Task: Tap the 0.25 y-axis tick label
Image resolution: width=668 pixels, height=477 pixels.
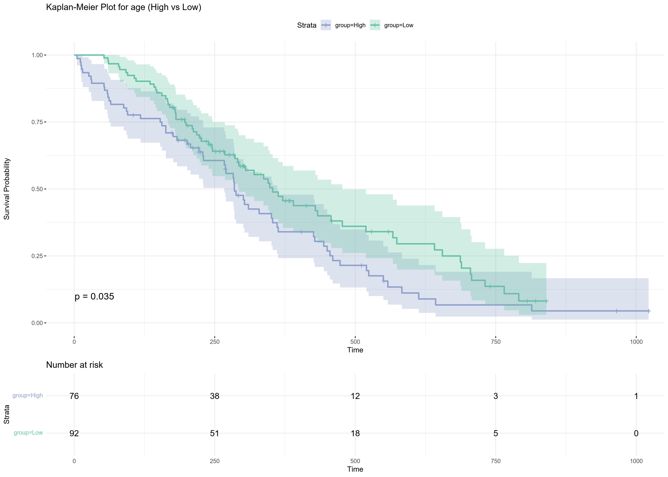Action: [x=37, y=256]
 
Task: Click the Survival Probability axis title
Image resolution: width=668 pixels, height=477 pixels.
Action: [x=7, y=189]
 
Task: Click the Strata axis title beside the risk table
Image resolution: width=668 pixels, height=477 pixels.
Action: [x=7, y=414]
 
